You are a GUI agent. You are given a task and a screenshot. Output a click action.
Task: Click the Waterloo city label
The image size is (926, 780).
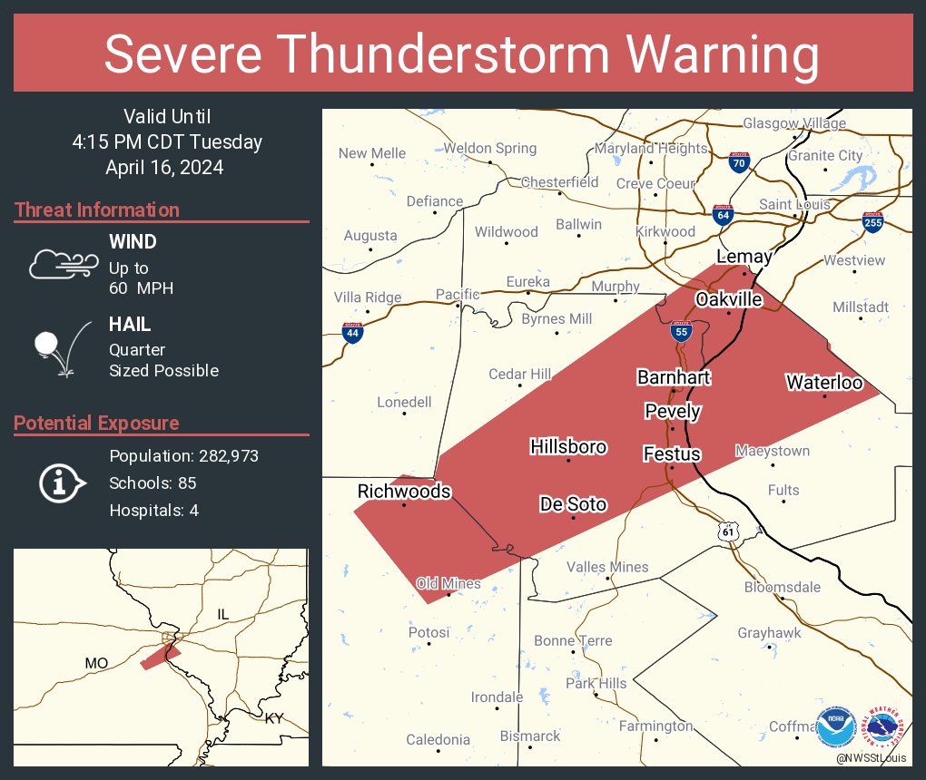point(824,382)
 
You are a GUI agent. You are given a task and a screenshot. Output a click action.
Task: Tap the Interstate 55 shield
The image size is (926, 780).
point(681,332)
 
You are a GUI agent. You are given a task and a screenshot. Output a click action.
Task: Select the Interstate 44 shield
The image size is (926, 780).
point(353,334)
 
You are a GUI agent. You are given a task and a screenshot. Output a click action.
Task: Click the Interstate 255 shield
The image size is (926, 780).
point(872,222)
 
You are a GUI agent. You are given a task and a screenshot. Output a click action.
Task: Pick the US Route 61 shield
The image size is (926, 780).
point(728,531)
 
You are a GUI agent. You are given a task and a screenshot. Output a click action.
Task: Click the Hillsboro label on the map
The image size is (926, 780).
point(568,446)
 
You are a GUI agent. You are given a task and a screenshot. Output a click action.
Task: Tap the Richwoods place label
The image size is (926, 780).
point(404,491)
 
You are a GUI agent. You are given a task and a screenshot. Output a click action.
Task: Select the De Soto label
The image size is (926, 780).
point(573,503)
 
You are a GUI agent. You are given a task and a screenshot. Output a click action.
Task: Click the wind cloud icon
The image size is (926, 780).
point(63,264)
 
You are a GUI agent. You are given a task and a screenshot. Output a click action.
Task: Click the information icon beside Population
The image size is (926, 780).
point(62,483)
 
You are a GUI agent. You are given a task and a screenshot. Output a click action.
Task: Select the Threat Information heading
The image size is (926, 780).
point(97,210)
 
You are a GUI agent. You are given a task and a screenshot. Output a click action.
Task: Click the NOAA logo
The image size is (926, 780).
point(835,726)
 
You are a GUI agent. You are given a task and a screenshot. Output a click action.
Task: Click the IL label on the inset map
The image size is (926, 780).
point(224,615)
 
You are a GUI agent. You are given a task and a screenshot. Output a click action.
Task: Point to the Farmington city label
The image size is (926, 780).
point(655,726)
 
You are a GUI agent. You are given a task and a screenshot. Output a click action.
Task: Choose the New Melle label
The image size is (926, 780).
point(372,153)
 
